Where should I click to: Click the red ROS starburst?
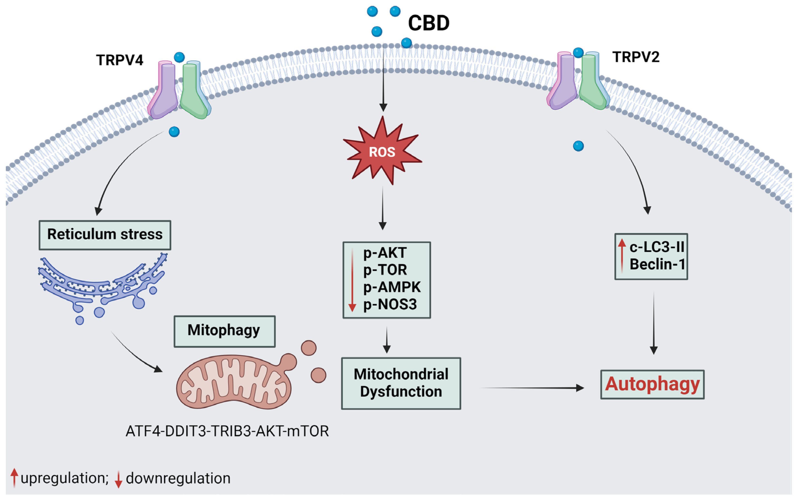point(382,151)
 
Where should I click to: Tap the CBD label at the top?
point(429,23)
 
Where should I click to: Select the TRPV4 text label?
point(120,60)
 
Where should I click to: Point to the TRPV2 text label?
point(636,57)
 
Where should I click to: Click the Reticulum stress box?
point(105,235)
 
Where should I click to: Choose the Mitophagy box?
point(225,331)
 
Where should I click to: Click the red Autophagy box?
point(652,384)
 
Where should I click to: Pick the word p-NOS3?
point(390,305)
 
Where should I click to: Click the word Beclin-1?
point(657,264)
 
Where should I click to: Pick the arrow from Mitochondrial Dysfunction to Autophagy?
point(532,388)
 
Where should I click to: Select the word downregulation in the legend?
point(178,478)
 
